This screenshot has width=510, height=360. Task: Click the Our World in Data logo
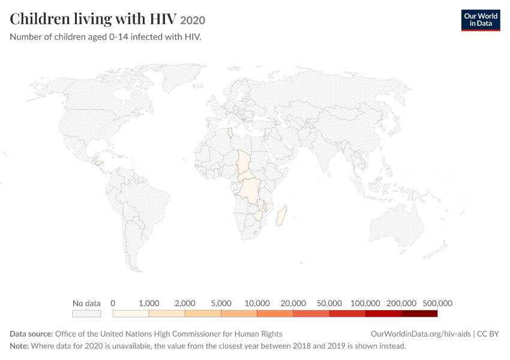tap(481, 20)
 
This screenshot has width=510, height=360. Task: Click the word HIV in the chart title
tap(163, 19)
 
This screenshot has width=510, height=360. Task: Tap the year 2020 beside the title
tap(193, 20)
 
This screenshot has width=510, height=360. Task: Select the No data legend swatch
tap(86, 313)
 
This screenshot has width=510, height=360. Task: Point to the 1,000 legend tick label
tap(149, 303)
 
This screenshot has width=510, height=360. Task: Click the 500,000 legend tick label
tap(437, 303)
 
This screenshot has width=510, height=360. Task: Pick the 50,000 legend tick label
tap(329, 303)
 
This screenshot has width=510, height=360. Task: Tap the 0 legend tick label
tap(113, 303)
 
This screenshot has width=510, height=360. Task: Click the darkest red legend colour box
tap(419, 313)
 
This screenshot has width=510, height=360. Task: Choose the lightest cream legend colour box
tap(131, 313)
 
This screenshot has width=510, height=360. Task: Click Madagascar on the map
tap(281, 215)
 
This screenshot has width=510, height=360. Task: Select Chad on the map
tap(244, 162)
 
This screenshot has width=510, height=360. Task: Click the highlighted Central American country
tap(98, 163)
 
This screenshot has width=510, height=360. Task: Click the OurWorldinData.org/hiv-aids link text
tap(421, 334)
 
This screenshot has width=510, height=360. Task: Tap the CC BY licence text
tap(488, 334)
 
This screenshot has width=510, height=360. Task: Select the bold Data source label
tap(31, 334)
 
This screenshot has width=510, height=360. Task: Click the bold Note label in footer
tap(19, 346)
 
